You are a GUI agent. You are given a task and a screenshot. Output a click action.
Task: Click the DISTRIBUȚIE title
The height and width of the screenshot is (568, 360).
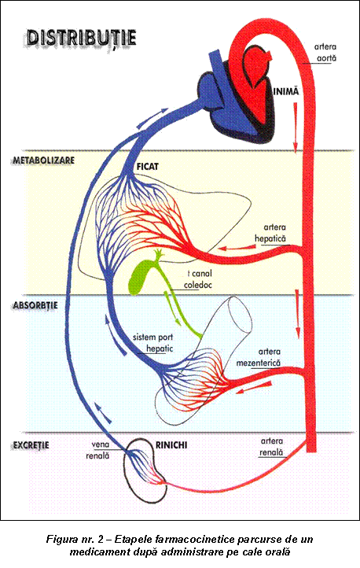click(82, 39)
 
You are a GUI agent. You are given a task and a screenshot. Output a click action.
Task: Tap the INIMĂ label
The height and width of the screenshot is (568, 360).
click(286, 91)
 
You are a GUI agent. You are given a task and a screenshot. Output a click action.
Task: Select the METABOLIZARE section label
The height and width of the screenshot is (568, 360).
click(44, 160)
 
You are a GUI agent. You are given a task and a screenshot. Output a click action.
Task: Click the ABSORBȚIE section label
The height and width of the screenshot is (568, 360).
click(35, 305)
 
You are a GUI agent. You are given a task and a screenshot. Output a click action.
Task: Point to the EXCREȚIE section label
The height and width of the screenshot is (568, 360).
click(31, 445)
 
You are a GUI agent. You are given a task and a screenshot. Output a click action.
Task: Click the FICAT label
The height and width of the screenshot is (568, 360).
click(148, 167)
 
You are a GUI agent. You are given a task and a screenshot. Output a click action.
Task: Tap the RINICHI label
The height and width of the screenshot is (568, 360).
click(171, 444)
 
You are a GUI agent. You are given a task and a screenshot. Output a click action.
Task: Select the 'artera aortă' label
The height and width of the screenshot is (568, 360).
click(325, 53)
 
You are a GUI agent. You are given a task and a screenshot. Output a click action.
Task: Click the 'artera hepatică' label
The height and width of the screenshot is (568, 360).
click(270, 233)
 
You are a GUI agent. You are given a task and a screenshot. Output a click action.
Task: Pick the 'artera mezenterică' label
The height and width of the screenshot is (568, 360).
click(259, 357)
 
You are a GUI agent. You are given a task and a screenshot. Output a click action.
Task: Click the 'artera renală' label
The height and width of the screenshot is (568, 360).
click(271, 447)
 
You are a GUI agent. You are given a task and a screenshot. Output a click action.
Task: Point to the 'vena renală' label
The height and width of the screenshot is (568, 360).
click(97, 450)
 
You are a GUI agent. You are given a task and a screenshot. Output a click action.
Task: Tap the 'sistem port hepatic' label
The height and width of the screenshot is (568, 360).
click(152, 343)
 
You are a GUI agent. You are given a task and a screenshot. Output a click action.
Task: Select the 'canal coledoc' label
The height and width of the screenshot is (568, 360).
click(198, 279)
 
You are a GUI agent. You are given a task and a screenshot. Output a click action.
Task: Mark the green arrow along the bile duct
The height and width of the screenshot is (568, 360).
click(171, 307)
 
